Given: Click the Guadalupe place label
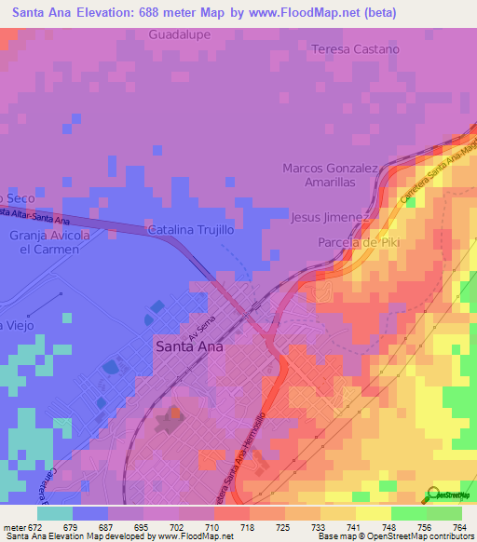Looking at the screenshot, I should tap(180, 34).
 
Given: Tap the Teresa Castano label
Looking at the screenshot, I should tap(355, 48).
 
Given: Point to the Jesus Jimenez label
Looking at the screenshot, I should tap(331, 217).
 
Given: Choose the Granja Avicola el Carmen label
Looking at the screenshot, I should tap(48, 243).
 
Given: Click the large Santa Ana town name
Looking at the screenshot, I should tap(187, 346).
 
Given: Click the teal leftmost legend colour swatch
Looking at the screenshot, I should tap(54, 513).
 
